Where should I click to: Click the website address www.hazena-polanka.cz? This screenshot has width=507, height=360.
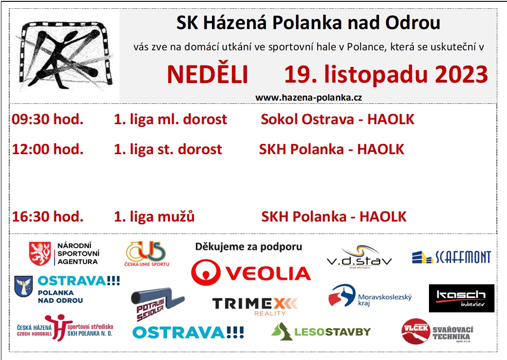click(x=308, y=97)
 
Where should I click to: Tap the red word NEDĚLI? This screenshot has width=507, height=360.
click(x=207, y=74)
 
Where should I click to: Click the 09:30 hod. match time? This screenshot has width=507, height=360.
click(x=48, y=119)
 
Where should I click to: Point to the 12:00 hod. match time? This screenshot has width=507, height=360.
click(x=48, y=149)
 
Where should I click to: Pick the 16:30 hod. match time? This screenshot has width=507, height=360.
click(x=48, y=216)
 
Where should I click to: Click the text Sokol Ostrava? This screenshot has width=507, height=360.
click(x=307, y=119)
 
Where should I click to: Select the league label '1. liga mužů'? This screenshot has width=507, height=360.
click(x=154, y=216)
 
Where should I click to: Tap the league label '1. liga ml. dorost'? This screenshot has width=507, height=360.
click(x=170, y=119)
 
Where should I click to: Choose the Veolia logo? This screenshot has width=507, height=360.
click(x=251, y=272)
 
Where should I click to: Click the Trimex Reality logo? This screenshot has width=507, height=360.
click(x=255, y=306)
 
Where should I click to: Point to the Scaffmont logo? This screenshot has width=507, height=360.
click(x=452, y=257)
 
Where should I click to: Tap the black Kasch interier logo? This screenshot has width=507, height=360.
click(x=461, y=298)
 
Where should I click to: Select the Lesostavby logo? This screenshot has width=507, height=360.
click(x=321, y=331)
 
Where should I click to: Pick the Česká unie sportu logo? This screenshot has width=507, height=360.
click(x=147, y=254)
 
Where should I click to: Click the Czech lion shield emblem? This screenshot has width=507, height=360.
click(x=40, y=253)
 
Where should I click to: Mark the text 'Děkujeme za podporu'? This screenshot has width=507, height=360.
click(x=248, y=247)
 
